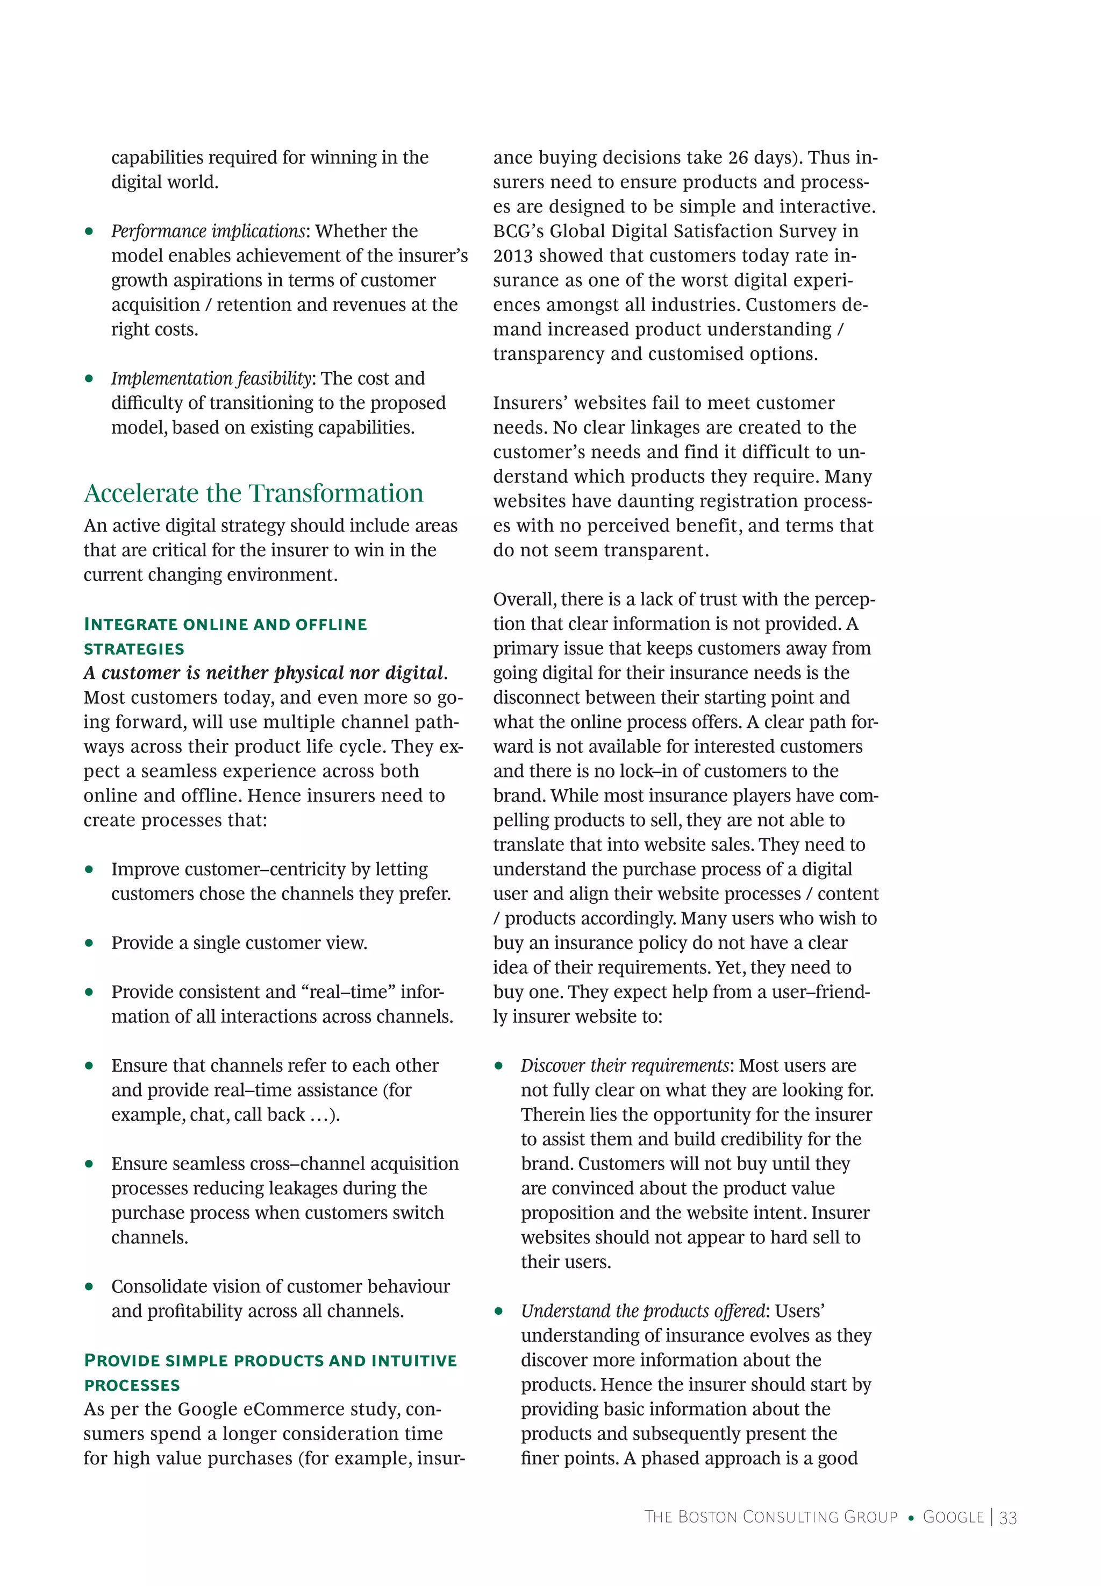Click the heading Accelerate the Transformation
[253, 493]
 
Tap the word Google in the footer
[953, 1517]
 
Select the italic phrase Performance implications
[208, 231]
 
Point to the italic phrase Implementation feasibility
[211, 378]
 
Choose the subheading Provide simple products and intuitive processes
[270, 1372]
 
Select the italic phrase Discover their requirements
[624, 1066]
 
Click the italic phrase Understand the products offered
[643, 1311]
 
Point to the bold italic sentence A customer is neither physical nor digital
[265, 673]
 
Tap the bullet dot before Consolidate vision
[89, 1286]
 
